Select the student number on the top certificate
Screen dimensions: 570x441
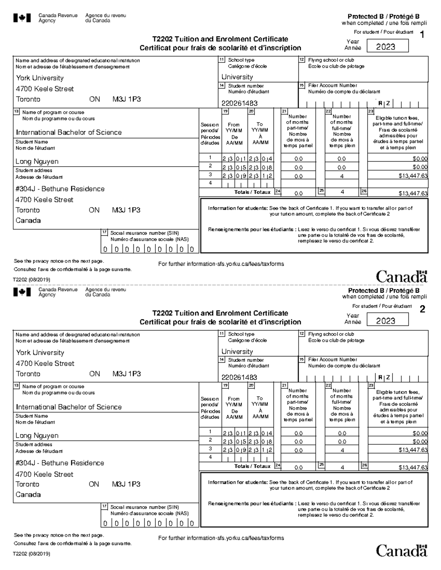(239, 103)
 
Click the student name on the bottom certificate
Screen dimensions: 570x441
(37, 436)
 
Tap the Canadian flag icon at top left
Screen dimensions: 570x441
(22, 18)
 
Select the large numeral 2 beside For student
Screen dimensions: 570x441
(422, 309)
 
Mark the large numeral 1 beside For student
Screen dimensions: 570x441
(422, 35)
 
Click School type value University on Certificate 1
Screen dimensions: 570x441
(237, 77)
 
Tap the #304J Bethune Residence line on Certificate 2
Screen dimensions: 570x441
(60, 463)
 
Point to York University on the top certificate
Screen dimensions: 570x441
(40, 78)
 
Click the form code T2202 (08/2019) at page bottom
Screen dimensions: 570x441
(32, 554)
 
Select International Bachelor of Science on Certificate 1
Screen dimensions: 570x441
(69, 132)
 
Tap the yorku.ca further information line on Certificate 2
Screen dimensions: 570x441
(221, 538)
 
